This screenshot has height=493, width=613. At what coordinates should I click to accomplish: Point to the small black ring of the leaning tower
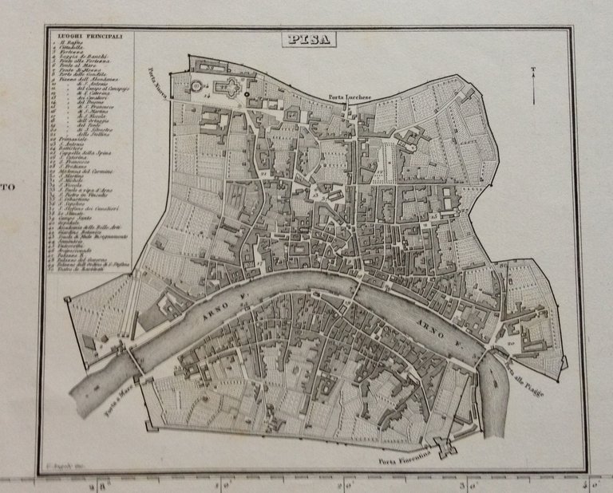pos(247,95)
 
